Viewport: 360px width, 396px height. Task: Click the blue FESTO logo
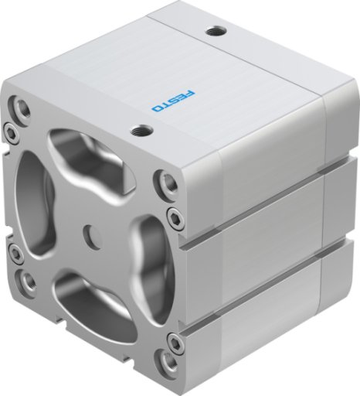coord(174,101)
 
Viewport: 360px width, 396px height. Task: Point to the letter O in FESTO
coord(157,108)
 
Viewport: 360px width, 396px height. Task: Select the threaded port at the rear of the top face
coord(216,32)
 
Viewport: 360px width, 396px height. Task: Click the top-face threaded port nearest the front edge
coord(142,130)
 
